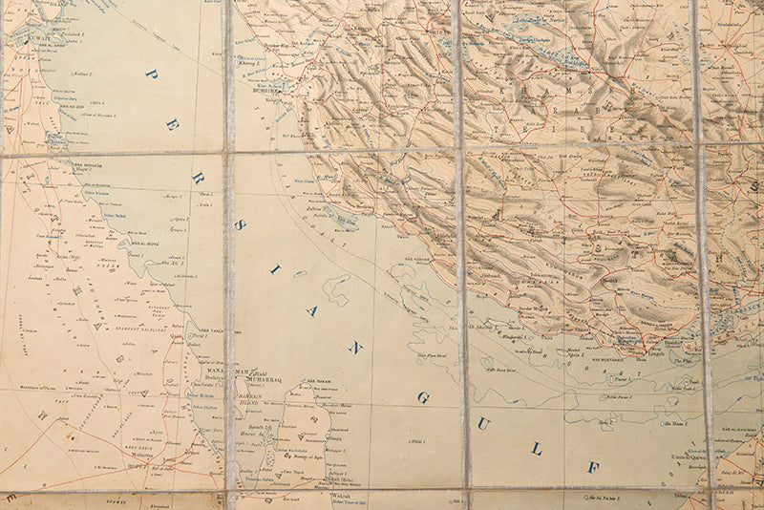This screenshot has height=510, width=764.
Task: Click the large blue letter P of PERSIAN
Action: pos(151,74)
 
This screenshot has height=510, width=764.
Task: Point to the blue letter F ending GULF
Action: pos(593,467)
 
